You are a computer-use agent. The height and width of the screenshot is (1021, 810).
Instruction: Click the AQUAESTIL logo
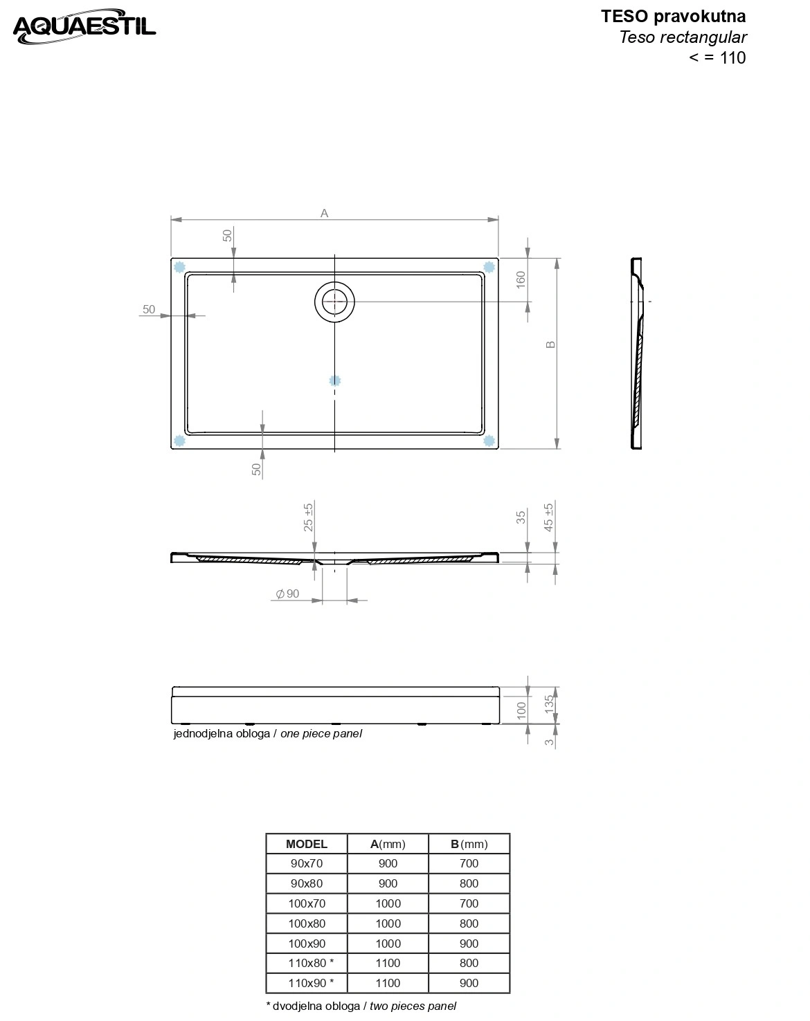tap(84, 26)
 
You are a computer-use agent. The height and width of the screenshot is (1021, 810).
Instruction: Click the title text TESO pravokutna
tap(673, 17)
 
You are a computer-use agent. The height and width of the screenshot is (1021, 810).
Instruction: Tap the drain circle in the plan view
tap(334, 302)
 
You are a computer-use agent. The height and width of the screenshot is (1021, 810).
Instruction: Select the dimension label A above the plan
tap(324, 214)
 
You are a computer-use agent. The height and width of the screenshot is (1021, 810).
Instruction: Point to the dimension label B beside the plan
tap(550, 344)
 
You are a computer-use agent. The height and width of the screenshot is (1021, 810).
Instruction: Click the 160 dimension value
tap(521, 279)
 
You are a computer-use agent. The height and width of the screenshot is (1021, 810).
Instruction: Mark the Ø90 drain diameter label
tap(287, 594)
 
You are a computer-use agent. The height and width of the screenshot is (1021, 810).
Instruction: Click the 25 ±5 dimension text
tap(308, 517)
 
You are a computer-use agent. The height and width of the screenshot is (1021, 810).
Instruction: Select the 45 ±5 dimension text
tap(548, 517)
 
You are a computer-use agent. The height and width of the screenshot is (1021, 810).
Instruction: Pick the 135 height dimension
tap(549, 704)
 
